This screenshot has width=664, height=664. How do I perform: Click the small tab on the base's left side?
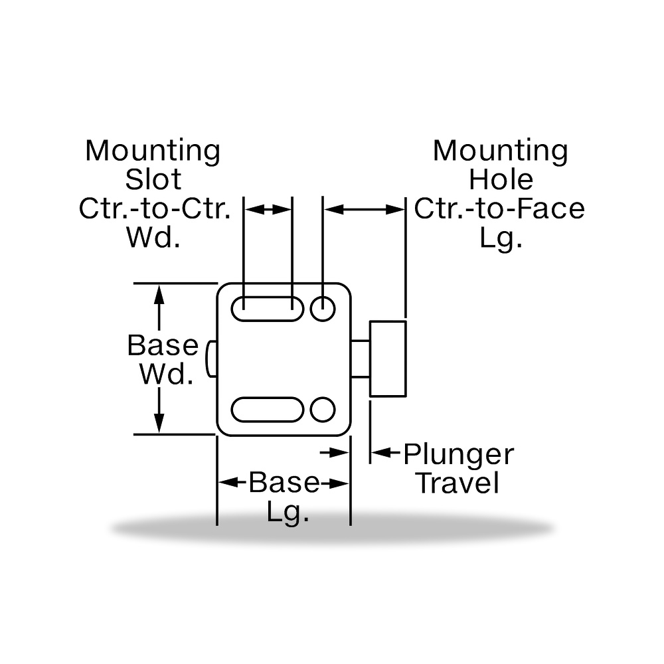coord(211,359)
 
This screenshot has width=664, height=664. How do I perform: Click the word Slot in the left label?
coord(153,179)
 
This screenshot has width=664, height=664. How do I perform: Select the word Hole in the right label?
coord(501,179)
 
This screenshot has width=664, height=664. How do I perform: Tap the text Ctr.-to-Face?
coord(499,208)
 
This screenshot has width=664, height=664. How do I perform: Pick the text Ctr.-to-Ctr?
coord(155,208)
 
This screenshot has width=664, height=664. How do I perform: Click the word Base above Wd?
coord(163,345)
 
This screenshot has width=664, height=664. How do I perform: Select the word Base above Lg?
coord(284,482)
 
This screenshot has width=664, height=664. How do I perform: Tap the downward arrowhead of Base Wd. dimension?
coord(159,422)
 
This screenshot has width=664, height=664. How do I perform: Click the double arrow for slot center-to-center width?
coord(268,209)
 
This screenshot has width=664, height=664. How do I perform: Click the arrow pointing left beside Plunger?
coord(385,453)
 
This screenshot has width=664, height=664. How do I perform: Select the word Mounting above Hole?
coord(501,151)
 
